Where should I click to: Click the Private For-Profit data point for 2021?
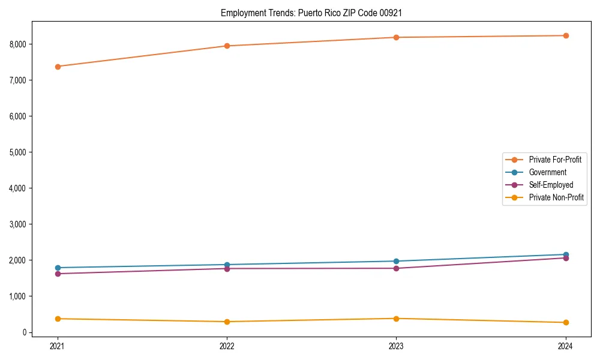tap(58, 67)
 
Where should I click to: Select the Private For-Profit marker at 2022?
tap(227, 46)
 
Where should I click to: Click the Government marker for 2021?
tap(58, 268)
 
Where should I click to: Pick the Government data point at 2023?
tap(396, 261)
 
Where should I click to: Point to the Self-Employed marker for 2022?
tap(227, 268)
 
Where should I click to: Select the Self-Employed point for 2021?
tap(58, 274)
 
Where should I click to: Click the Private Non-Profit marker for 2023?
tap(396, 319)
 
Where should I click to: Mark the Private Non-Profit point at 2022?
tap(227, 322)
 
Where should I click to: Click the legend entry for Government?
tap(547, 172)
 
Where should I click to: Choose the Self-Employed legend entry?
tap(551, 185)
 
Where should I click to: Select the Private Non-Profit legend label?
tap(556, 197)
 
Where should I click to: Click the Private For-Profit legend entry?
tap(555, 160)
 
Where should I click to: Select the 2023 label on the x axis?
tap(396, 346)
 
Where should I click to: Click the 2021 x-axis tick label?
tap(58, 346)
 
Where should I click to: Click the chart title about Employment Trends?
tap(311, 13)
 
